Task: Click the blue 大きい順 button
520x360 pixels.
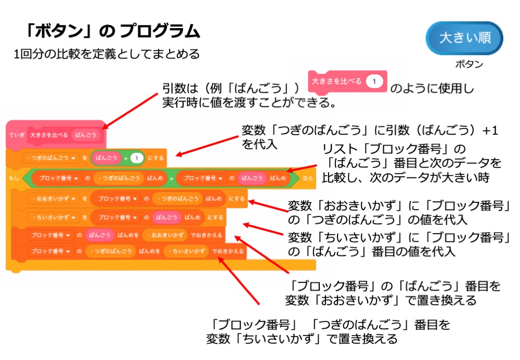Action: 464,38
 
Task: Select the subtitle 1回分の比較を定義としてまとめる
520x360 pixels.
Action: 107,54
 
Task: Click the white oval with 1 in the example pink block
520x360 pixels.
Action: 374,81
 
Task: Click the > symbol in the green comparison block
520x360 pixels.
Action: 171,178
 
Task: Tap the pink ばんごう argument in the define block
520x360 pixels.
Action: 86,134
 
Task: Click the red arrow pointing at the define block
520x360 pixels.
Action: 130,110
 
